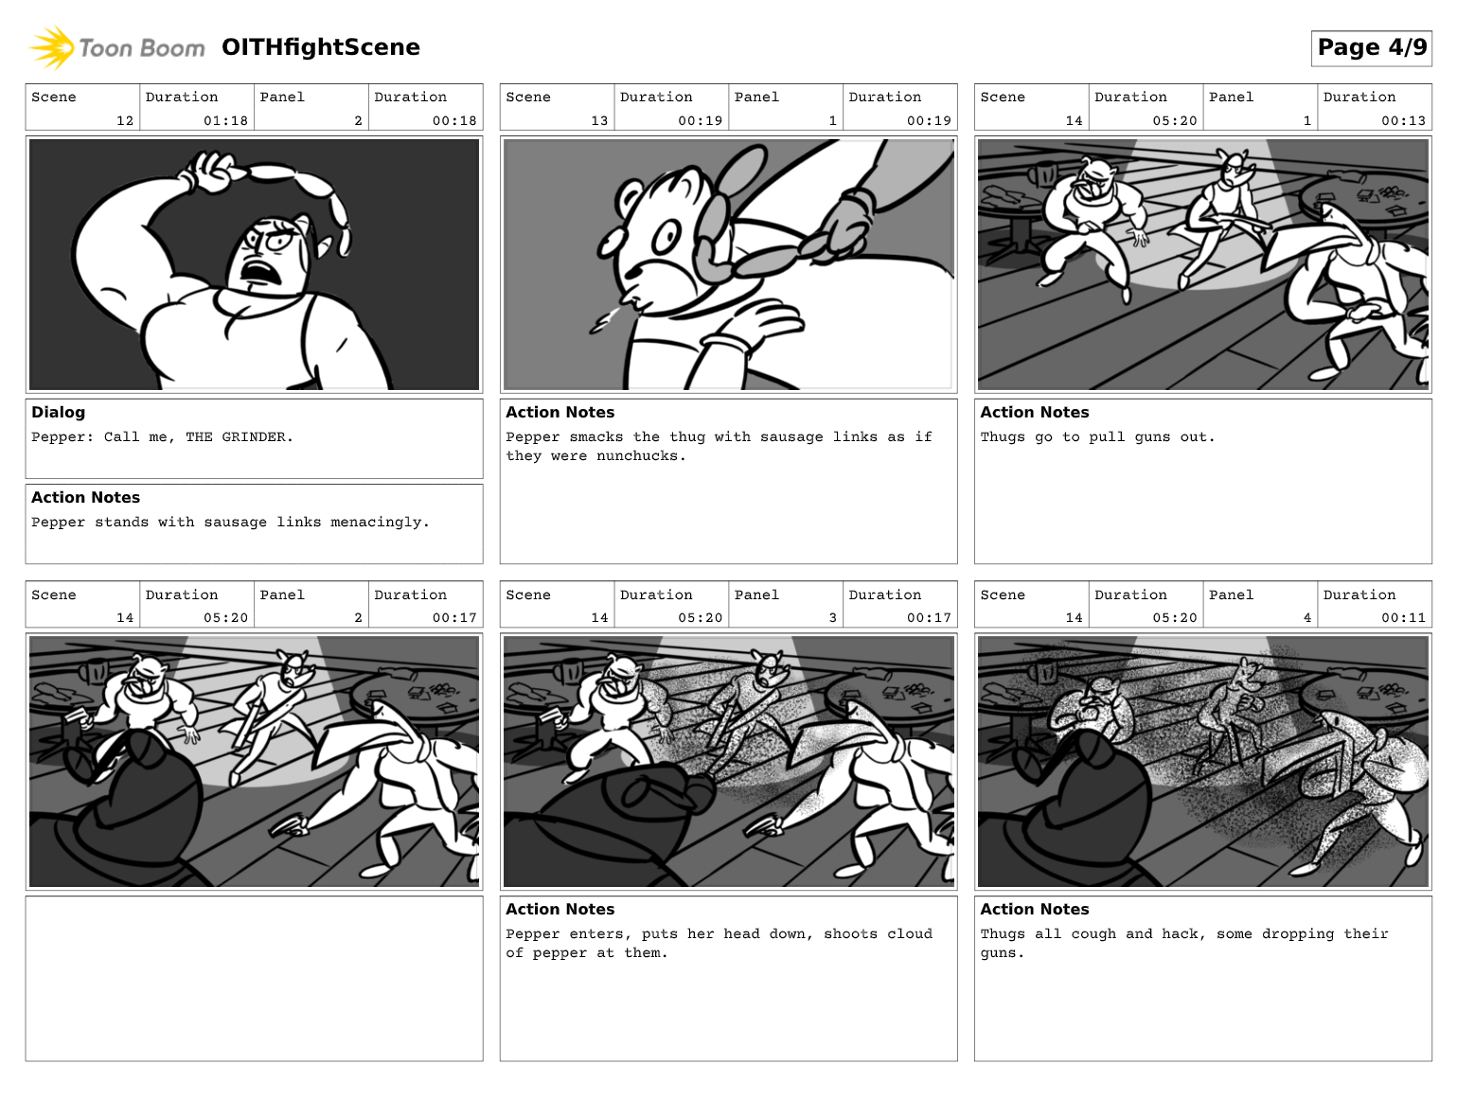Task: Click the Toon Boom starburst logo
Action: click(51, 47)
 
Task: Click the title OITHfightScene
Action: click(321, 47)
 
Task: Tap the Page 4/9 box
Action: click(1372, 47)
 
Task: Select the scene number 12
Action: click(125, 121)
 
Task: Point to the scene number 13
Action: click(599, 121)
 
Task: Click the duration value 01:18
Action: click(225, 121)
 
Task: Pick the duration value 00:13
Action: click(1403, 121)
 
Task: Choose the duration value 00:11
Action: click(1403, 617)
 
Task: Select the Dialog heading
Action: click(59, 412)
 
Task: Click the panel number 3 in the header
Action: click(832, 617)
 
